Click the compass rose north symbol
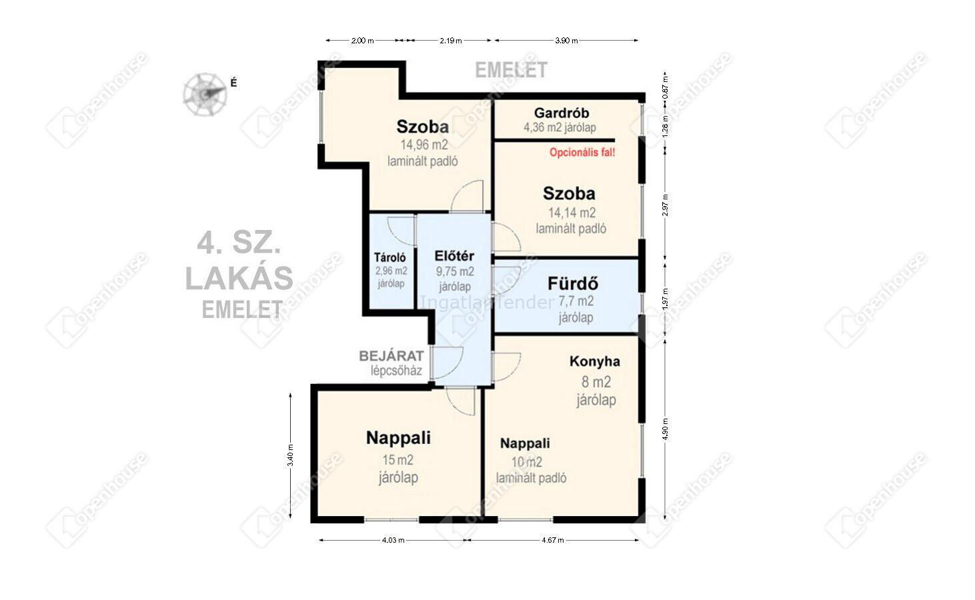pyautogui.click(x=205, y=95)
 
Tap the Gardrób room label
pyautogui.click(x=562, y=113)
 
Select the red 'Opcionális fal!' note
pyautogui.click(x=582, y=153)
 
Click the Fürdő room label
pyautogui.click(x=573, y=284)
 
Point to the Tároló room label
pyautogui.click(x=390, y=257)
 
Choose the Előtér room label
pyautogui.click(x=454, y=256)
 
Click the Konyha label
pyautogui.click(x=595, y=361)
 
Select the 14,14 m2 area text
pyautogui.click(x=572, y=213)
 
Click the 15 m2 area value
pyautogui.click(x=398, y=460)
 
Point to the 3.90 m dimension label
pyautogui.click(x=566, y=41)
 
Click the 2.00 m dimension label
pyautogui.click(x=363, y=41)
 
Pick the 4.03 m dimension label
pyautogui.click(x=393, y=541)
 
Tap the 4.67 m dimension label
pyautogui.click(x=553, y=541)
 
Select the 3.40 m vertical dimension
pyautogui.click(x=290, y=455)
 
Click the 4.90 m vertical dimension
pyautogui.click(x=665, y=429)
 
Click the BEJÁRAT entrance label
pyautogui.click(x=391, y=356)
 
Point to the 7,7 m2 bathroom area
pyautogui.click(x=576, y=301)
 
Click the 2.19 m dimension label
pyautogui.click(x=451, y=41)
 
